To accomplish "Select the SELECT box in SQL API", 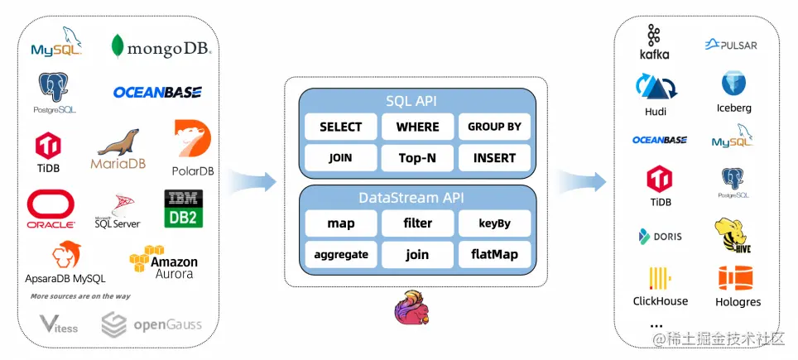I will pyautogui.click(x=340, y=127).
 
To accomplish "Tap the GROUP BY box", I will pyautogui.click(x=494, y=127).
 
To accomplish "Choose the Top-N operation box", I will pyautogui.click(x=417, y=157).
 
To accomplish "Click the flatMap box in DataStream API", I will pyautogui.click(x=494, y=254).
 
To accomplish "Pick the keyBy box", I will pyautogui.click(x=494, y=223).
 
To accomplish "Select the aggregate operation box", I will pyautogui.click(x=340, y=254).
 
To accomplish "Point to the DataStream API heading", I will pyautogui.click(x=417, y=198).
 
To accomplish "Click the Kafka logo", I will pyautogui.click(x=654, y=42).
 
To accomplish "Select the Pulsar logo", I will pyautogui.click(x=731, y=45).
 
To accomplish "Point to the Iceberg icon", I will pyautogui.click(x=733, y=85).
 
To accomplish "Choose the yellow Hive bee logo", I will pyautogui.click(x=733, y=235).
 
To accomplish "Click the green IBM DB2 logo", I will pyautogui.click(x=184, y=209).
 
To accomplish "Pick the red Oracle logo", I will pyautogui.click(x=51, y=209).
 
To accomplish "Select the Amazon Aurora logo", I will pyautogui.click(x=163, y=262).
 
